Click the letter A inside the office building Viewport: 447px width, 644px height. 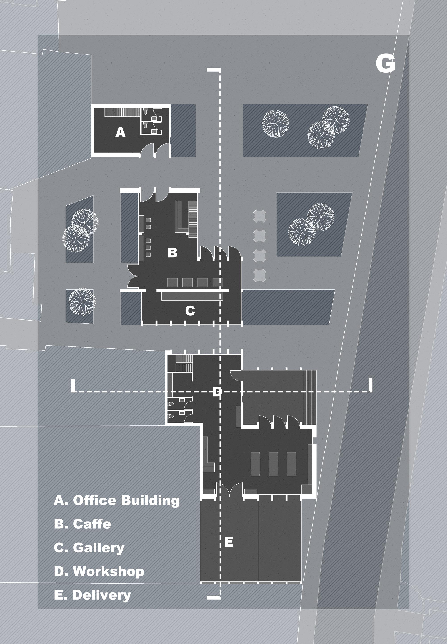[120, 132]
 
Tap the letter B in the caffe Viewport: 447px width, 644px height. [172, 253]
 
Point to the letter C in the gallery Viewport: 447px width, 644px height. [190, 311]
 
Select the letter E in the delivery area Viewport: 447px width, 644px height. [229, 542]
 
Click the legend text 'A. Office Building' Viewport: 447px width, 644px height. [117, 500]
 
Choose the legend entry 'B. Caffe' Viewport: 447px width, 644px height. [83, 524]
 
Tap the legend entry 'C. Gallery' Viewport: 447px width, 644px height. [89, 548]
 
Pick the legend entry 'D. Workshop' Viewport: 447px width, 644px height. [99, 571]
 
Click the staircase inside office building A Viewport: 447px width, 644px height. [122, 112]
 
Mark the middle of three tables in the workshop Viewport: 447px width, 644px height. [273, 464]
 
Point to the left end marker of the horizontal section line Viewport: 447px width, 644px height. [73, 385]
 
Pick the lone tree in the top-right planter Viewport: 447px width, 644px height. [275, 123]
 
